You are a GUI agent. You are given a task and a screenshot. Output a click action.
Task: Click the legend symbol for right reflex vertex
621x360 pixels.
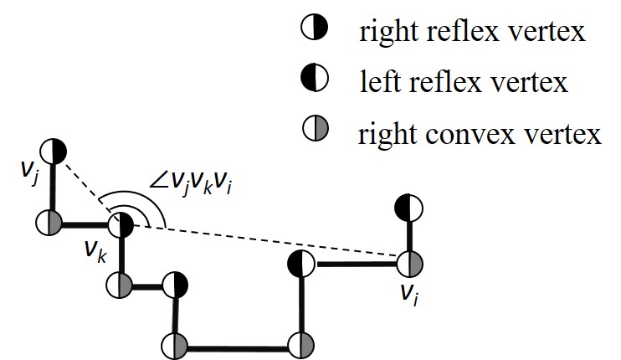tap(312, 32)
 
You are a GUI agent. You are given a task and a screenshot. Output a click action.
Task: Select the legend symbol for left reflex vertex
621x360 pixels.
tap(312, 80)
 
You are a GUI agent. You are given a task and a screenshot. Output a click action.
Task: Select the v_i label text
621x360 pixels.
tap(410, 292)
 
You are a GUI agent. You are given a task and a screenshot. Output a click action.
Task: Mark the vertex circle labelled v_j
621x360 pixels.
tap(54, 151)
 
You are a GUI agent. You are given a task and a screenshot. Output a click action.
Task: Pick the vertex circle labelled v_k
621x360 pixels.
tap(121, 224)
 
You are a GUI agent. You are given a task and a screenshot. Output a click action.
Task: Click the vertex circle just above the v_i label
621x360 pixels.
tap(410, 264)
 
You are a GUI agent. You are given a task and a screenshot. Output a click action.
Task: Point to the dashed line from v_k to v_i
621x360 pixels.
tap(268, 244)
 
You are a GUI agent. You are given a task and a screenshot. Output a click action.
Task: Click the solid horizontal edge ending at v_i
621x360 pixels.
tap(356, 264)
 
